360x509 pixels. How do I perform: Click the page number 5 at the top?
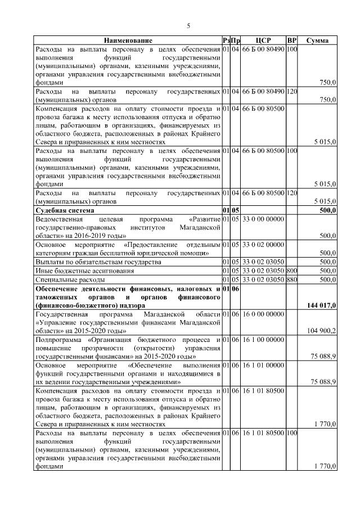click(x=189, y=25)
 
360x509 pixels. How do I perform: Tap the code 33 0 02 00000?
click(x=263, y=245)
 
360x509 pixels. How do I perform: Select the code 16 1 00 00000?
click(x=263, y=340)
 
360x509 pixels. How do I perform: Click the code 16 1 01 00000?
click(x=263, y=366)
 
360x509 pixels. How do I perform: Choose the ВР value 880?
click(x=291, y=280)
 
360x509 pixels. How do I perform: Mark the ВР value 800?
click(x=291, y=271)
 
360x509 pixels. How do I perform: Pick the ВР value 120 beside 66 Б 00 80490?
click(x=291, y=91)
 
